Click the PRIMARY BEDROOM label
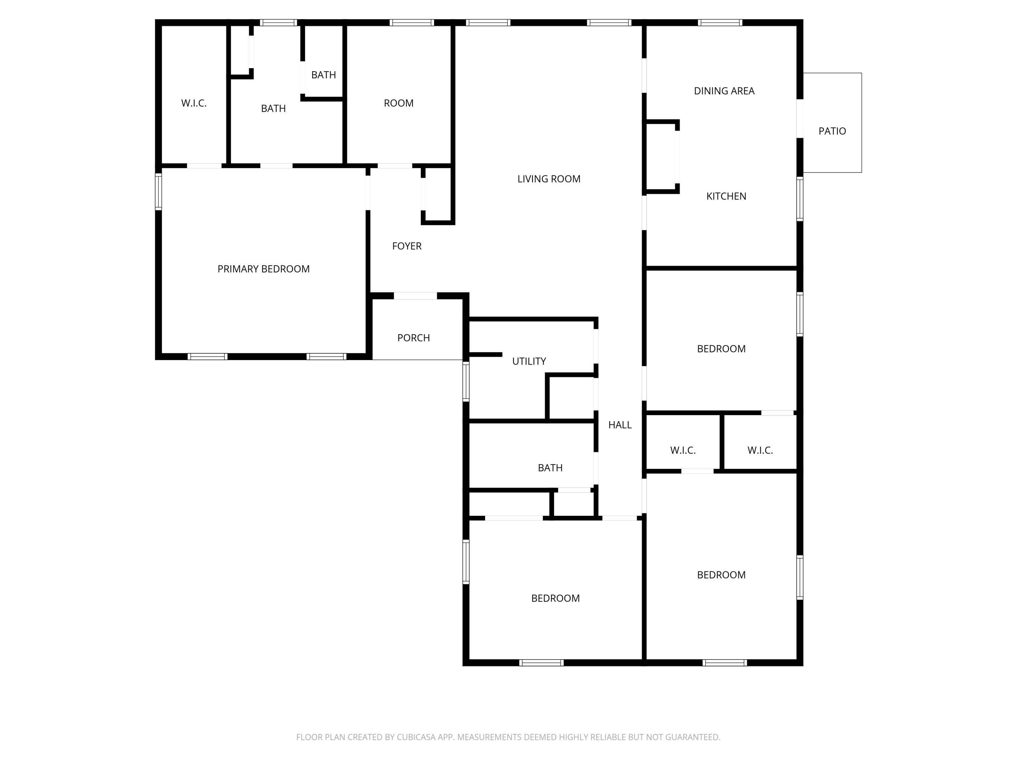click(x=263, y=269)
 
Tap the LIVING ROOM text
click(x=549, y=179)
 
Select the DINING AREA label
click(x=724, y=91)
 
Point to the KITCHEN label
click(x=726, y=196)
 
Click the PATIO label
click(x=832, y=131)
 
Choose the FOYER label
click(x=407, y=246)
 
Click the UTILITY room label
click(x=529, y=361)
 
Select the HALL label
click(x=620, y=425)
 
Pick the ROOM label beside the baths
click(x=399, y=103)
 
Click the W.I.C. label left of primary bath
click(x=194, y=103)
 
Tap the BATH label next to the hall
click(x=550, y=468)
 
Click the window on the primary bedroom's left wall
click(x=159, y=191)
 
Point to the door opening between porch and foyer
click(x=416, y=296)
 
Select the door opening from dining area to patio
click(x=800, y=118)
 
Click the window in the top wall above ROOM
click(x=412, y=22)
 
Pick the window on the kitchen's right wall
click(x=800, y=199)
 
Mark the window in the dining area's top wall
click(x=720, y=22)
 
